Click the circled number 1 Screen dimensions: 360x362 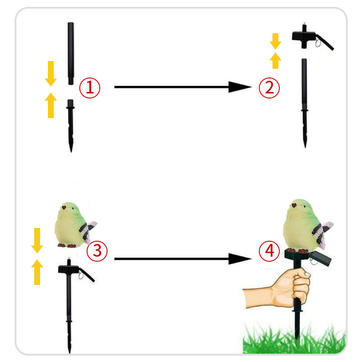tap(90, 88)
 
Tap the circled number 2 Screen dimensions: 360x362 tap(269, 88)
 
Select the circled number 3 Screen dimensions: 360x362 tap(97, 251)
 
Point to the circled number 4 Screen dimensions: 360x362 tap(269, 251)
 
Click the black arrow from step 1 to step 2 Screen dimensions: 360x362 tap(183, 87)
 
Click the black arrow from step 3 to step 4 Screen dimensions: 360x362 tap(183, 259)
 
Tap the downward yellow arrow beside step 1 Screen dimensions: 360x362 tap(51, 74)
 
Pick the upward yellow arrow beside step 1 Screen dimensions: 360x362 tap(51, 105)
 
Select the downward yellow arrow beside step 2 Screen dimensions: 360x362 tap(275, 41)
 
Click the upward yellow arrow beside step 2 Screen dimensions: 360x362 tap(275, 61)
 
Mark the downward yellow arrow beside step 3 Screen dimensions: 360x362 tap(37, 241)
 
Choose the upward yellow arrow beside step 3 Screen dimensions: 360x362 tap(37, 272)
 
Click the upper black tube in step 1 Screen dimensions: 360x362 tap(71, 53)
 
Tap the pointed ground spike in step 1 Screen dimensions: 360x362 tap(71, 126)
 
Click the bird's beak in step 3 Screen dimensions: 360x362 tap(64, 207)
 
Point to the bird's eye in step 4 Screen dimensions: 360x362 tap(304, 206)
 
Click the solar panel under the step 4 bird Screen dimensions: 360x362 tap(320, 259)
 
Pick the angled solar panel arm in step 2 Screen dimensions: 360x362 tap(325, 42)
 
